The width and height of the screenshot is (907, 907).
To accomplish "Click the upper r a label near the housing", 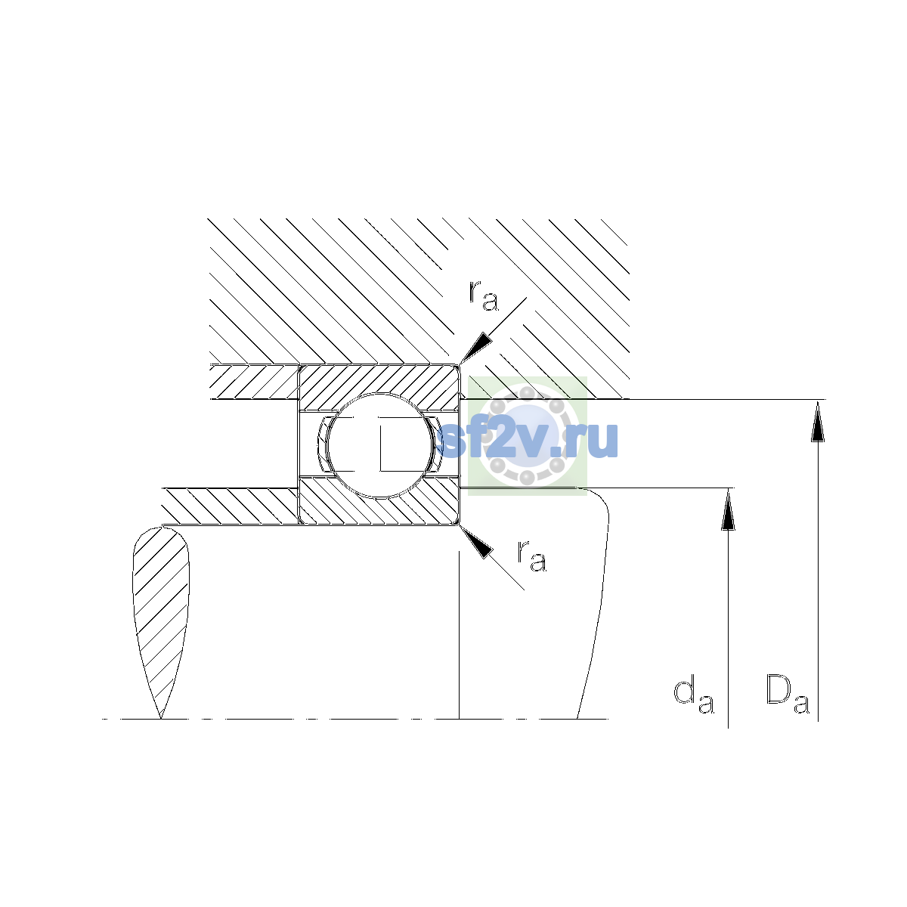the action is pyautogui.click(x=484, y=296).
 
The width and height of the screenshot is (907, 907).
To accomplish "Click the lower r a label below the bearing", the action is pyautogui.click(x=532, y=556).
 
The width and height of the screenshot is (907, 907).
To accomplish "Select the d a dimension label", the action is pyautogui.click(x=694, y=704).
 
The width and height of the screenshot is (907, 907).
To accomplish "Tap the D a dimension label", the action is pyautogui.click(x=788, y=703).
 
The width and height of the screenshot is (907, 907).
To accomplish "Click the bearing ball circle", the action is pyautogui.click(x=380, y=445).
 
